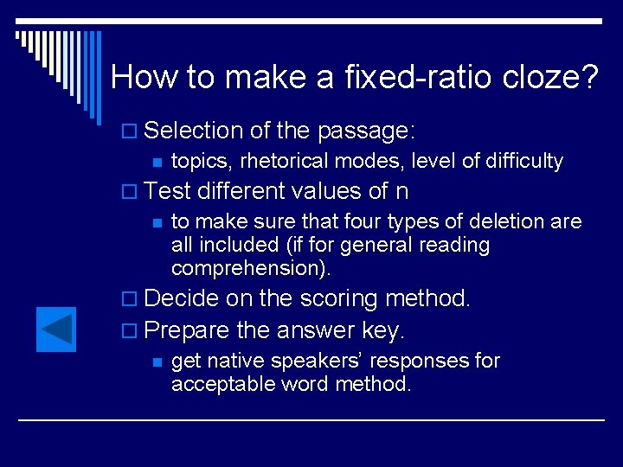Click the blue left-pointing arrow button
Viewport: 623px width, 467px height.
(56, 329)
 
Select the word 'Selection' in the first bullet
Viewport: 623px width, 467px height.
(194, 131)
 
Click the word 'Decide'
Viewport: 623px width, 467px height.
(182, 299)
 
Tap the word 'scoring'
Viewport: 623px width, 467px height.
(339, 299)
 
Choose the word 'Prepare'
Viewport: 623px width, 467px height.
(187, 330)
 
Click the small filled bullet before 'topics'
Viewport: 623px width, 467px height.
(156, 162)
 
